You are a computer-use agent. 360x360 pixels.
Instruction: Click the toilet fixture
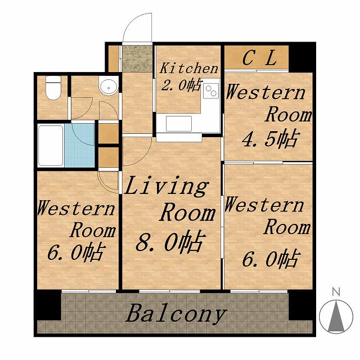pos(53,88)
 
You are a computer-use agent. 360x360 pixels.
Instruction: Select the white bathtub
pos(51,146)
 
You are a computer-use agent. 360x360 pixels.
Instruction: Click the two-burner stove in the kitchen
pos(211,91)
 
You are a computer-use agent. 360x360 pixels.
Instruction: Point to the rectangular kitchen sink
pos(179,124)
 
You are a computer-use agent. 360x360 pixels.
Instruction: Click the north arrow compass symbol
pos(336,316)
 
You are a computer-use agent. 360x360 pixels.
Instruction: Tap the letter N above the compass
pos(336,292)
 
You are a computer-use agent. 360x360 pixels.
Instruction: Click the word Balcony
pos(176,313)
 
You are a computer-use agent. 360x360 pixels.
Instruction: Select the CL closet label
pos(259,58)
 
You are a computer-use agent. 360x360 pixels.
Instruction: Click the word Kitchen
pos(189,68)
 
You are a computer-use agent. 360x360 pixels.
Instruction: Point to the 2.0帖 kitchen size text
pos(181,85)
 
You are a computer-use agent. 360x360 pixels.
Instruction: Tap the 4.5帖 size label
pos(271,138)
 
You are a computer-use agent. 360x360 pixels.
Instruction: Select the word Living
pos(166,186)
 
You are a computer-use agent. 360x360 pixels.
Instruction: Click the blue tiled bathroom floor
pos(80,145)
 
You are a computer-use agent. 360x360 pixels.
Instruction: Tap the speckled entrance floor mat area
pos(137,58)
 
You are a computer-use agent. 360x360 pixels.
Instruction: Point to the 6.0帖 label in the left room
pos(76,252)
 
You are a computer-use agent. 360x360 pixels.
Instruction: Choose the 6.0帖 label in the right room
pos(271,259)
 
